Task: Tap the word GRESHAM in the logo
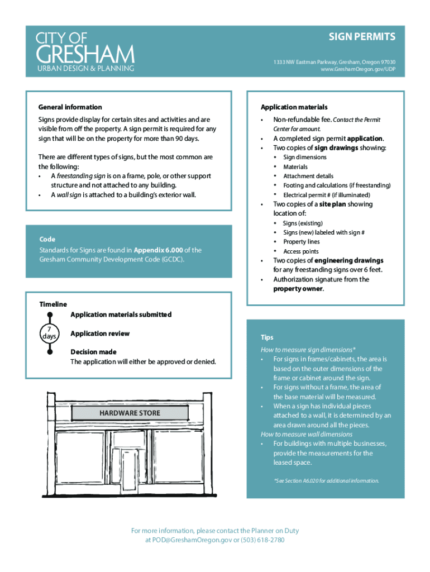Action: pos(85,55)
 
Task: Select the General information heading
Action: pos(70,107)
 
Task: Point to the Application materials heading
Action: pos(294,107)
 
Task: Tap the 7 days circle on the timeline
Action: pos(49,334)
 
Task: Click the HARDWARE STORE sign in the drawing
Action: pos(130,413)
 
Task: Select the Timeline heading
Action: pos(53,304)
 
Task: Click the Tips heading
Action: pos(267,337)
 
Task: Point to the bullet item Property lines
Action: pos(302,242)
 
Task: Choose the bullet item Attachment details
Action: pos(308,176)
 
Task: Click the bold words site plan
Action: pos(332,204)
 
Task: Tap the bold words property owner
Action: pos(298,289)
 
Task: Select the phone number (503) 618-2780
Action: pos(262,540)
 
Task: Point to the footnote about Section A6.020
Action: pos(326,480)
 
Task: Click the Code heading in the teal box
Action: pos(47,239)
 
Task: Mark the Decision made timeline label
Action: pos(93,352)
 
